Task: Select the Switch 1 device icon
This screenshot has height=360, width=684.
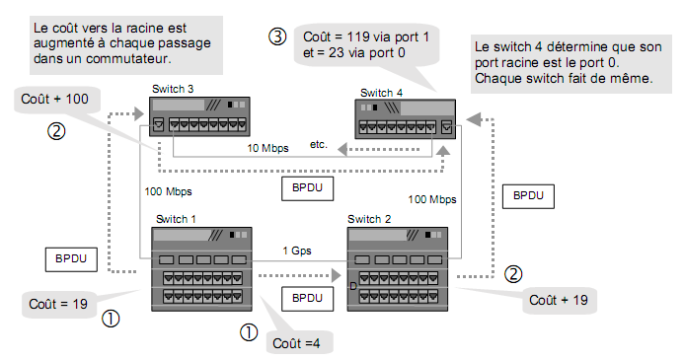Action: (x=200, y=269)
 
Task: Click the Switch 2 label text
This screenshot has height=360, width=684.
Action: (x=368, y=218)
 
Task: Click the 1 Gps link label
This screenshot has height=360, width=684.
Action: (x=296, y=251)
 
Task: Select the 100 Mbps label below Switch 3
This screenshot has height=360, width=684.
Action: (x=168, y=191)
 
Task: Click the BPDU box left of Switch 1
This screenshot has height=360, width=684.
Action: (x=70, y=259)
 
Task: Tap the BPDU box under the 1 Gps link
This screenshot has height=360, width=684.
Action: (x=307, y=297)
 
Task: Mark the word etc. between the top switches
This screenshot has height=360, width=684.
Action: (x=319, y=144)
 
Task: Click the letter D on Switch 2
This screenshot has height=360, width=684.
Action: (x=352, y=286)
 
